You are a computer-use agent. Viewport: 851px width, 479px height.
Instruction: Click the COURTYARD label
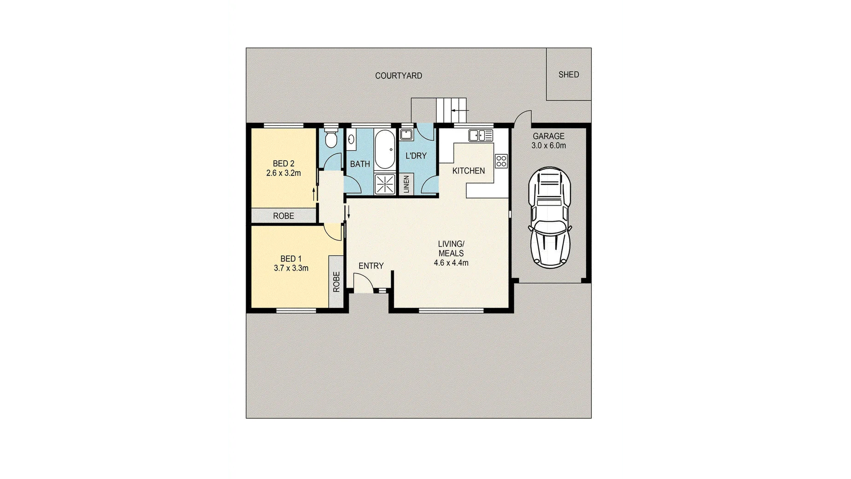coord(398,76)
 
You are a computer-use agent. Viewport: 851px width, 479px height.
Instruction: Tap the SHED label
coord(568,75)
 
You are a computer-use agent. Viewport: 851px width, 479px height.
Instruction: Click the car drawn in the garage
coord(550,217)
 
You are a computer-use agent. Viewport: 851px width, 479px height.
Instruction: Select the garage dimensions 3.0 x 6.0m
coord(548,146)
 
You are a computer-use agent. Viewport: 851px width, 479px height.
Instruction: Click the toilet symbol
coord(331,138)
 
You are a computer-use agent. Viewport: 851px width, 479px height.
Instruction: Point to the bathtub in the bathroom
coord(384,150)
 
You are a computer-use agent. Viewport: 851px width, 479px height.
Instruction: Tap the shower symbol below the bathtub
coord(384,184)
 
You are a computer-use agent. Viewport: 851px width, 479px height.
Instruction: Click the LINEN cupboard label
coord(406,184)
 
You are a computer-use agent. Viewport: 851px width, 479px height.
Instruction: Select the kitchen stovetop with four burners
coord(501,161)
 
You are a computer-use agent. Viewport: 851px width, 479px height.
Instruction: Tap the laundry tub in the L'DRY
coord(406,135)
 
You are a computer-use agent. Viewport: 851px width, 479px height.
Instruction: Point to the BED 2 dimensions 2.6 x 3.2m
coord(283,173)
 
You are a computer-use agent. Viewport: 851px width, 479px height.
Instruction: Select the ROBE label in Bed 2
coord(283,216)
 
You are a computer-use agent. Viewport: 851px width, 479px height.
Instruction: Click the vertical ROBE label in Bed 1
coord(336,281)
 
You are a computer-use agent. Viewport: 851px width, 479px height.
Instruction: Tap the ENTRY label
coord(371,266)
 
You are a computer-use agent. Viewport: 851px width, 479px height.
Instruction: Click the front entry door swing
coord(363,281)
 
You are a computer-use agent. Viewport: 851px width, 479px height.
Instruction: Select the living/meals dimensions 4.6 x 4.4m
coord(451,263)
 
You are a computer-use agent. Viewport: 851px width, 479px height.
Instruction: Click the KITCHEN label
coord(468,171)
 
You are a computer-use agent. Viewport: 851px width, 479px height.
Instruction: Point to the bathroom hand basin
coord(350,139)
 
